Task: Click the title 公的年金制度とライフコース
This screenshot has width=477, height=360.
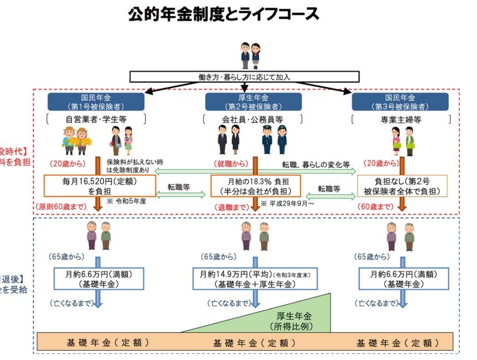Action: click(x=224, y=14)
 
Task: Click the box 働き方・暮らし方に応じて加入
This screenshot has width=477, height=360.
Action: click(x=245, y=77)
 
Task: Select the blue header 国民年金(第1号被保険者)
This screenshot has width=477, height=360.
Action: click(x=96, y=101)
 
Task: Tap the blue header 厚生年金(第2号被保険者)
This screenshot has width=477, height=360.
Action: click(x=253, y=101)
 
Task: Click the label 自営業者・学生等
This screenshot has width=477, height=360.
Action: click(x=96, y=119)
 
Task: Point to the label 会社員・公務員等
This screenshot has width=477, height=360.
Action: click(x=253, y=119)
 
